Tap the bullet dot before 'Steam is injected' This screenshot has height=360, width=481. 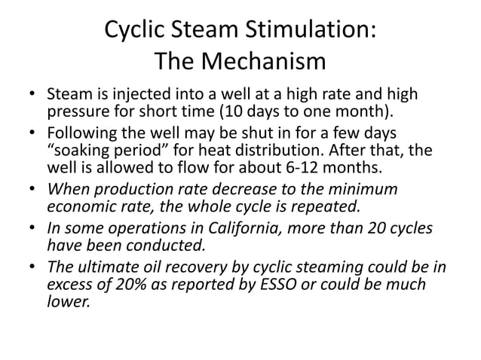click(x=32, y=97)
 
